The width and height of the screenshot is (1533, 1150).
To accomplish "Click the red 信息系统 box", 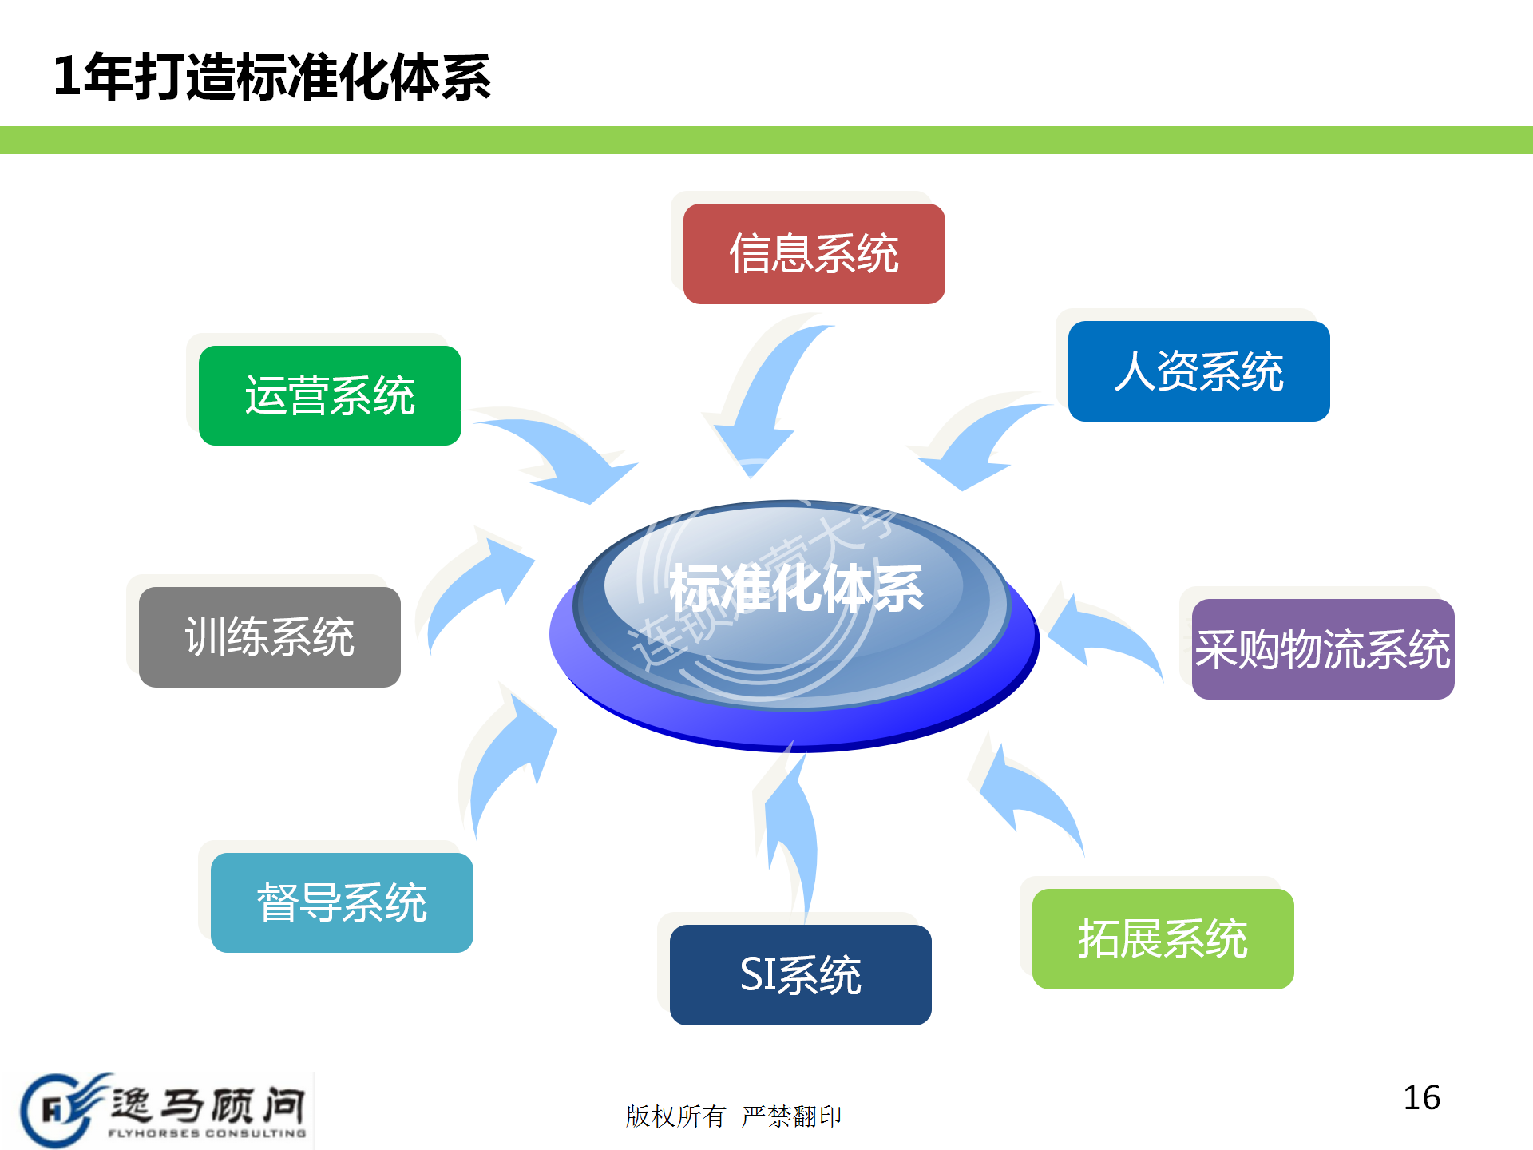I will [x=814, y=254].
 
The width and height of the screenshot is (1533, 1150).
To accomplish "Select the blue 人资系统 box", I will [x=1198, y=371].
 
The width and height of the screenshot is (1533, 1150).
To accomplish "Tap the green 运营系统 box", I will [x=330, y=395].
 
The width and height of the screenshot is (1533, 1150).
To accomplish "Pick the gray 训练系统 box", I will [x=270, y=637].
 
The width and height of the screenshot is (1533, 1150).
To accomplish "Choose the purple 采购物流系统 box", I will [x=1322, y=649].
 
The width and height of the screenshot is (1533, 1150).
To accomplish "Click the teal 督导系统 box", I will [x=342, y=902].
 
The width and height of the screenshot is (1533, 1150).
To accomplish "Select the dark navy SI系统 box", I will [x=800, y=975].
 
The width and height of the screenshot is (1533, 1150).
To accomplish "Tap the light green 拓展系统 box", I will [x=1163, y=938].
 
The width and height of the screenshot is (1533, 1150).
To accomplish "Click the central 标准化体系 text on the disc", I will [x=796, y=589].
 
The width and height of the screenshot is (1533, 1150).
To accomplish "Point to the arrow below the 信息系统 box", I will [x=766, y=399].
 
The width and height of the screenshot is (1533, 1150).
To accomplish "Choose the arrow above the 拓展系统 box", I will [x=1030, y=799].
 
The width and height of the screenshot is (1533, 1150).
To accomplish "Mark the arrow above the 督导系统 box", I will [x=511, y=759].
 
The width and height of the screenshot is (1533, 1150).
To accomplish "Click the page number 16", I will [x=1421, y=1098].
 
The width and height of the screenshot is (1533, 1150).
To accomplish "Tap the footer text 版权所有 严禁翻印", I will [x=733, y=1116].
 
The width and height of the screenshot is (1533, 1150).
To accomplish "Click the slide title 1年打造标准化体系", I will [x=271, y=77].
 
